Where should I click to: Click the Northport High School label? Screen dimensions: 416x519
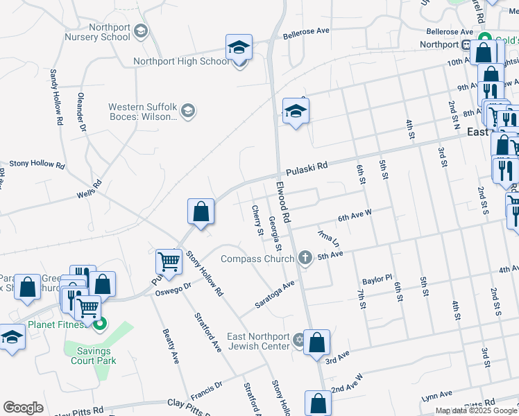point(180,61)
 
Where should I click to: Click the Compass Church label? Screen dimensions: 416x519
point(258,259)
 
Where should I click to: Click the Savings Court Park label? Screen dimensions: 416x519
point(92,356)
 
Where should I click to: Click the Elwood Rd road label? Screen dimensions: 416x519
point(286,196)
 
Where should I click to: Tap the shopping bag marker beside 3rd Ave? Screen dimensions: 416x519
point(316,343)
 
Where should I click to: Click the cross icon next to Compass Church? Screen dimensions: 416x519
point(305,259)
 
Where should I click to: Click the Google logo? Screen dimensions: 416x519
point(24,408)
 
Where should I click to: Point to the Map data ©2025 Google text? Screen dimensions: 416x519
point(476,410)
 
